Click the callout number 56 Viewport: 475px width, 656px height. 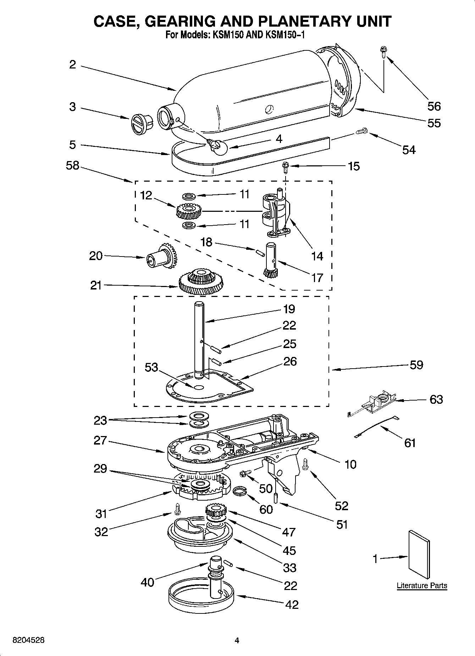pyautogui.click(x=434, y=106)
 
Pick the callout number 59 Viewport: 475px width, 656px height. pyautogui.click(x=416, y=365)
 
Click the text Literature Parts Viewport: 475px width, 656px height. pyautogui.click(x=422, y=585)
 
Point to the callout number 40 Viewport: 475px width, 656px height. pyautogui.click(x=148, y=582)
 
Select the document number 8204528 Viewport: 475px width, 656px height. pyautogui.click(x=28, y=640)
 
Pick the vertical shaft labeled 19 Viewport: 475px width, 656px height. pyautogui.click(x=199, y=337)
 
